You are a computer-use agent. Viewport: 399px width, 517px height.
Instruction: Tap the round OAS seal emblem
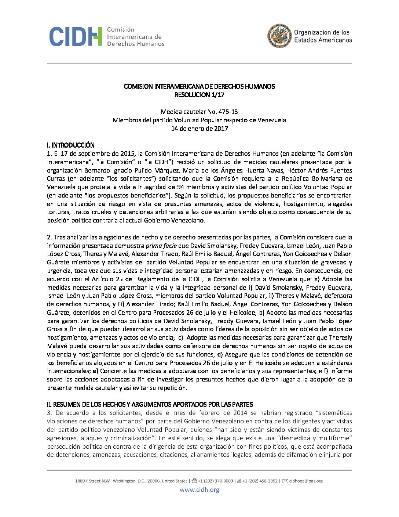tap(279, 36)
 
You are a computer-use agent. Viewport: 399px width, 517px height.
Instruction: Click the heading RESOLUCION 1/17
tap(199, 95)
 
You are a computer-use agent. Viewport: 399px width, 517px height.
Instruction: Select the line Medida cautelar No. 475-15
tap(199, 112)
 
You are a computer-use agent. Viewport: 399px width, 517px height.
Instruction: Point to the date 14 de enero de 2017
tap(199, 129)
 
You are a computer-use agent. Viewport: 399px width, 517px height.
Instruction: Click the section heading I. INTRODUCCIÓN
tap(71, 145)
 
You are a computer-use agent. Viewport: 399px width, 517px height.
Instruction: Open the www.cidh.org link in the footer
tap(199, 489)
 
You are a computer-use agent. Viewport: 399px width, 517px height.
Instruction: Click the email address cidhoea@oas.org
tap(306, 481)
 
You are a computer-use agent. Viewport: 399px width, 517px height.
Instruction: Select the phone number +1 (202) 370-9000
tap(215, 481)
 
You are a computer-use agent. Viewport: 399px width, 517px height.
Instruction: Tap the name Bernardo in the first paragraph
tap(97, 170)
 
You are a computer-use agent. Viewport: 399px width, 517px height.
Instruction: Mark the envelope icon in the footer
tap(285, 481)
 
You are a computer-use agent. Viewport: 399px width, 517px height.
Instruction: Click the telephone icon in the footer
tap(194, 481)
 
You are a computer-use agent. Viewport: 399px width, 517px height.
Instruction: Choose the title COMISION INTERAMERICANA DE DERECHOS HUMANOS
tap(199, 86)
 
